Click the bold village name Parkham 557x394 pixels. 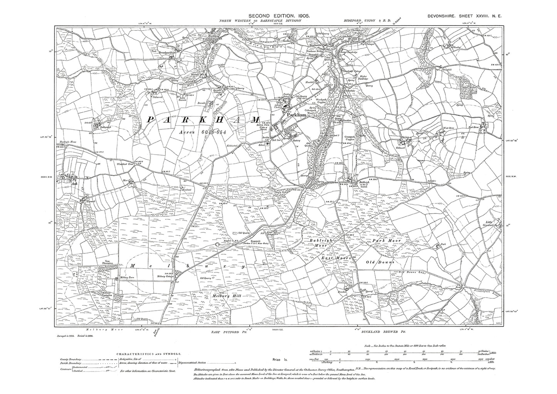(x=296, y=115)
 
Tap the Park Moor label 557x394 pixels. (x=386, y=241)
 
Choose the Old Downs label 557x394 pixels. (x=380, y=262)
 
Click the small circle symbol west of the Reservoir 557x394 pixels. (x=218, y=244)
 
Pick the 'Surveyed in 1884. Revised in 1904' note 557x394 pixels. (x=74, y=336)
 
